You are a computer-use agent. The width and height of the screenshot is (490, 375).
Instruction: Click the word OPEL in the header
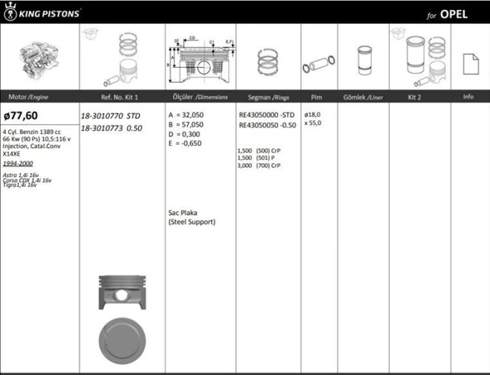click(461, 15)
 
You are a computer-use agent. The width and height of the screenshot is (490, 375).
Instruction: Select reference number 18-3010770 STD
click(112, 117)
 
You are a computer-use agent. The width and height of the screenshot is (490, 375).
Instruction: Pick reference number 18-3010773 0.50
click(112, 128)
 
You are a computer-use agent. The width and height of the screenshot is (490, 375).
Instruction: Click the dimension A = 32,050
click(187, 115)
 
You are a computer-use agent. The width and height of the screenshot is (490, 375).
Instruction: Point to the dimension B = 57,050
click(187, 124)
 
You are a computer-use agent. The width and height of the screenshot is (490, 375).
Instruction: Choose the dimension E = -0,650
click(185, 142)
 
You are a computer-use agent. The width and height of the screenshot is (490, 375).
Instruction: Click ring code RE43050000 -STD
click(267, 115)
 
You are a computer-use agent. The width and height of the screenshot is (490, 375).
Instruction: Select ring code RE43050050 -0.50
click(267, 124)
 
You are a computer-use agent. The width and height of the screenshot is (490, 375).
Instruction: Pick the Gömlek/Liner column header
click(363, 97)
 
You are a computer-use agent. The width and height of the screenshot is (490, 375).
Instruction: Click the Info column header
click(468, 97)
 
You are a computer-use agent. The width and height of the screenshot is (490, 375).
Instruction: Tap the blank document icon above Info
click(469, 62)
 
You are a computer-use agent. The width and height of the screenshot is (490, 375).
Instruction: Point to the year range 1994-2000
click(18, 164)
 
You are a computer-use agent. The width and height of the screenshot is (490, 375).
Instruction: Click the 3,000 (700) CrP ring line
click(259, 166)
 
